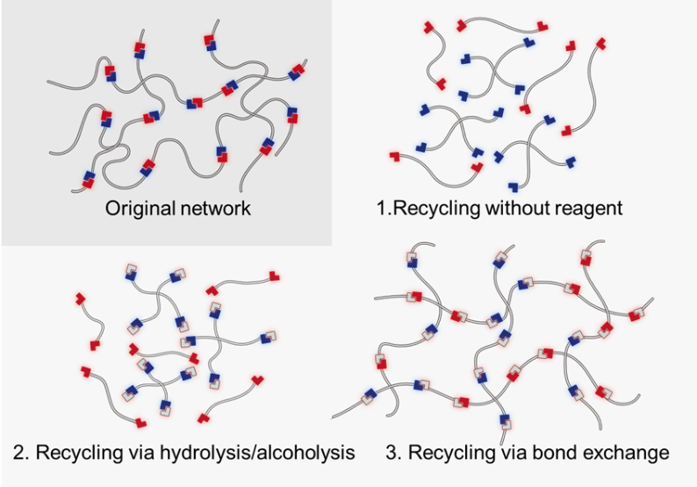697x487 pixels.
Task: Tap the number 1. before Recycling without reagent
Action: point(381,209)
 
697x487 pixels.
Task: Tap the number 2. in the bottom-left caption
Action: point(22,454)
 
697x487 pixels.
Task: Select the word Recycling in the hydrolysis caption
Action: point(76,454)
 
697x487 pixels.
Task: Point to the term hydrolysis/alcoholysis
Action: point(254,454)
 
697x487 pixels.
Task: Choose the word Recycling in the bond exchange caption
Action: point(449,454)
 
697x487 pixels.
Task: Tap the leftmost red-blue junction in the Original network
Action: point(90,179)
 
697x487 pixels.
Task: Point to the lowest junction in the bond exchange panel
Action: point(505,420)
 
